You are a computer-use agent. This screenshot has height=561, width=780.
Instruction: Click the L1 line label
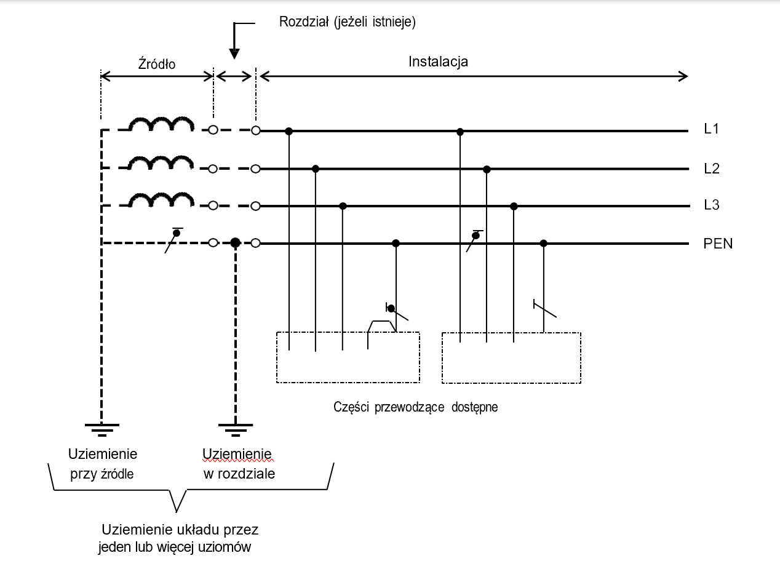pyautogui.click(x=711, y=130)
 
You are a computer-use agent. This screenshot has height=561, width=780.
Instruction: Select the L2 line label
pyautogui.click(x=712, y=169)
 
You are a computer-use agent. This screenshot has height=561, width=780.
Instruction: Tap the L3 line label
pyautogui.click(x=712, y=206)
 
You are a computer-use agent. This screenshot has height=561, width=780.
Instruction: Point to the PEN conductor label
pyautogui.click(x=718, y=244)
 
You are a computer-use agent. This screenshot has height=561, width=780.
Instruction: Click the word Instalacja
pyautogui.click(x=439, y=62)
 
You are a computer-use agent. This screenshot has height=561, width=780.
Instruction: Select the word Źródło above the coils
pyautogui.click(x=156, y=63)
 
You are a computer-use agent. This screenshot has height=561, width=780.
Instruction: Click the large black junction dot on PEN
pyautogui.click(x=234, y=243)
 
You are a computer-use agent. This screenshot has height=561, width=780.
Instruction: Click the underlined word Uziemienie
pyautogui.click(x=237, y=454)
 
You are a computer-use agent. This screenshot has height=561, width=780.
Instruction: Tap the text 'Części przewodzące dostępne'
pyautogui.click(x=415, y=407)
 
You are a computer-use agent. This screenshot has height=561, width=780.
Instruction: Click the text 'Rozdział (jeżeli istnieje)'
pyautogui.click(x=348, y=22)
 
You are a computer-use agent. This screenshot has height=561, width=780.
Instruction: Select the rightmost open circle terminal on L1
pyautogui.click(x=255, y=130)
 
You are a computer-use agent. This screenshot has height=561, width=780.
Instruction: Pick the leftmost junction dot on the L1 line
pyautogui.click(x=289, y=130)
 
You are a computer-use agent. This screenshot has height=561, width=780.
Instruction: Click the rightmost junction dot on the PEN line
pyautogui.click(x=543, y=244)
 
